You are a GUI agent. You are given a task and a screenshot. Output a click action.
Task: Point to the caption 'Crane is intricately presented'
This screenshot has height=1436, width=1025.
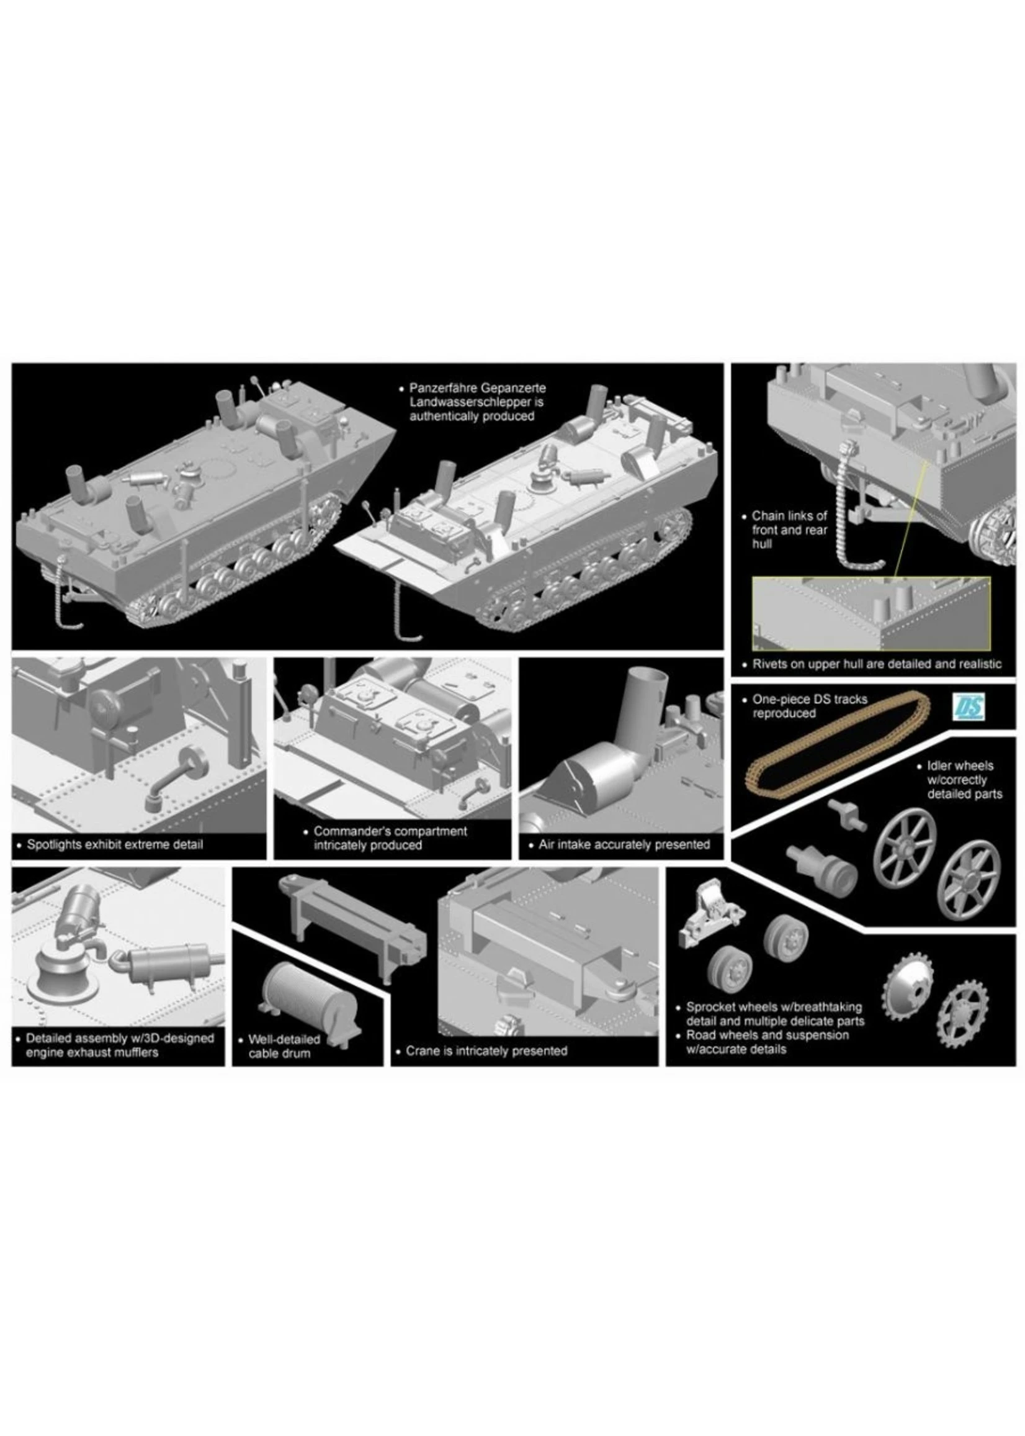[x=486, y=1051]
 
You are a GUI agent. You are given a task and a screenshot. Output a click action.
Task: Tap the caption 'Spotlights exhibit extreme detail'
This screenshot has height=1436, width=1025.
[x=115, y=844]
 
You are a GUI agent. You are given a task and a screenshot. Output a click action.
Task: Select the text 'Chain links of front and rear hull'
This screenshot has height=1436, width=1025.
[x=789, y=529]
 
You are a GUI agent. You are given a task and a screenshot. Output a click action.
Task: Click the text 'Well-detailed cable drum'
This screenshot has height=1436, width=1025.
[x=284, y=1045]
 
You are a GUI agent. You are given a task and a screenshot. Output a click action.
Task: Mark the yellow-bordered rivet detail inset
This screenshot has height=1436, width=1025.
[x=871, y=613]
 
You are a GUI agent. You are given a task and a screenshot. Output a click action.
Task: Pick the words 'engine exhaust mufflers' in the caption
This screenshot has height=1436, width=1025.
[x=92, y=1052]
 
